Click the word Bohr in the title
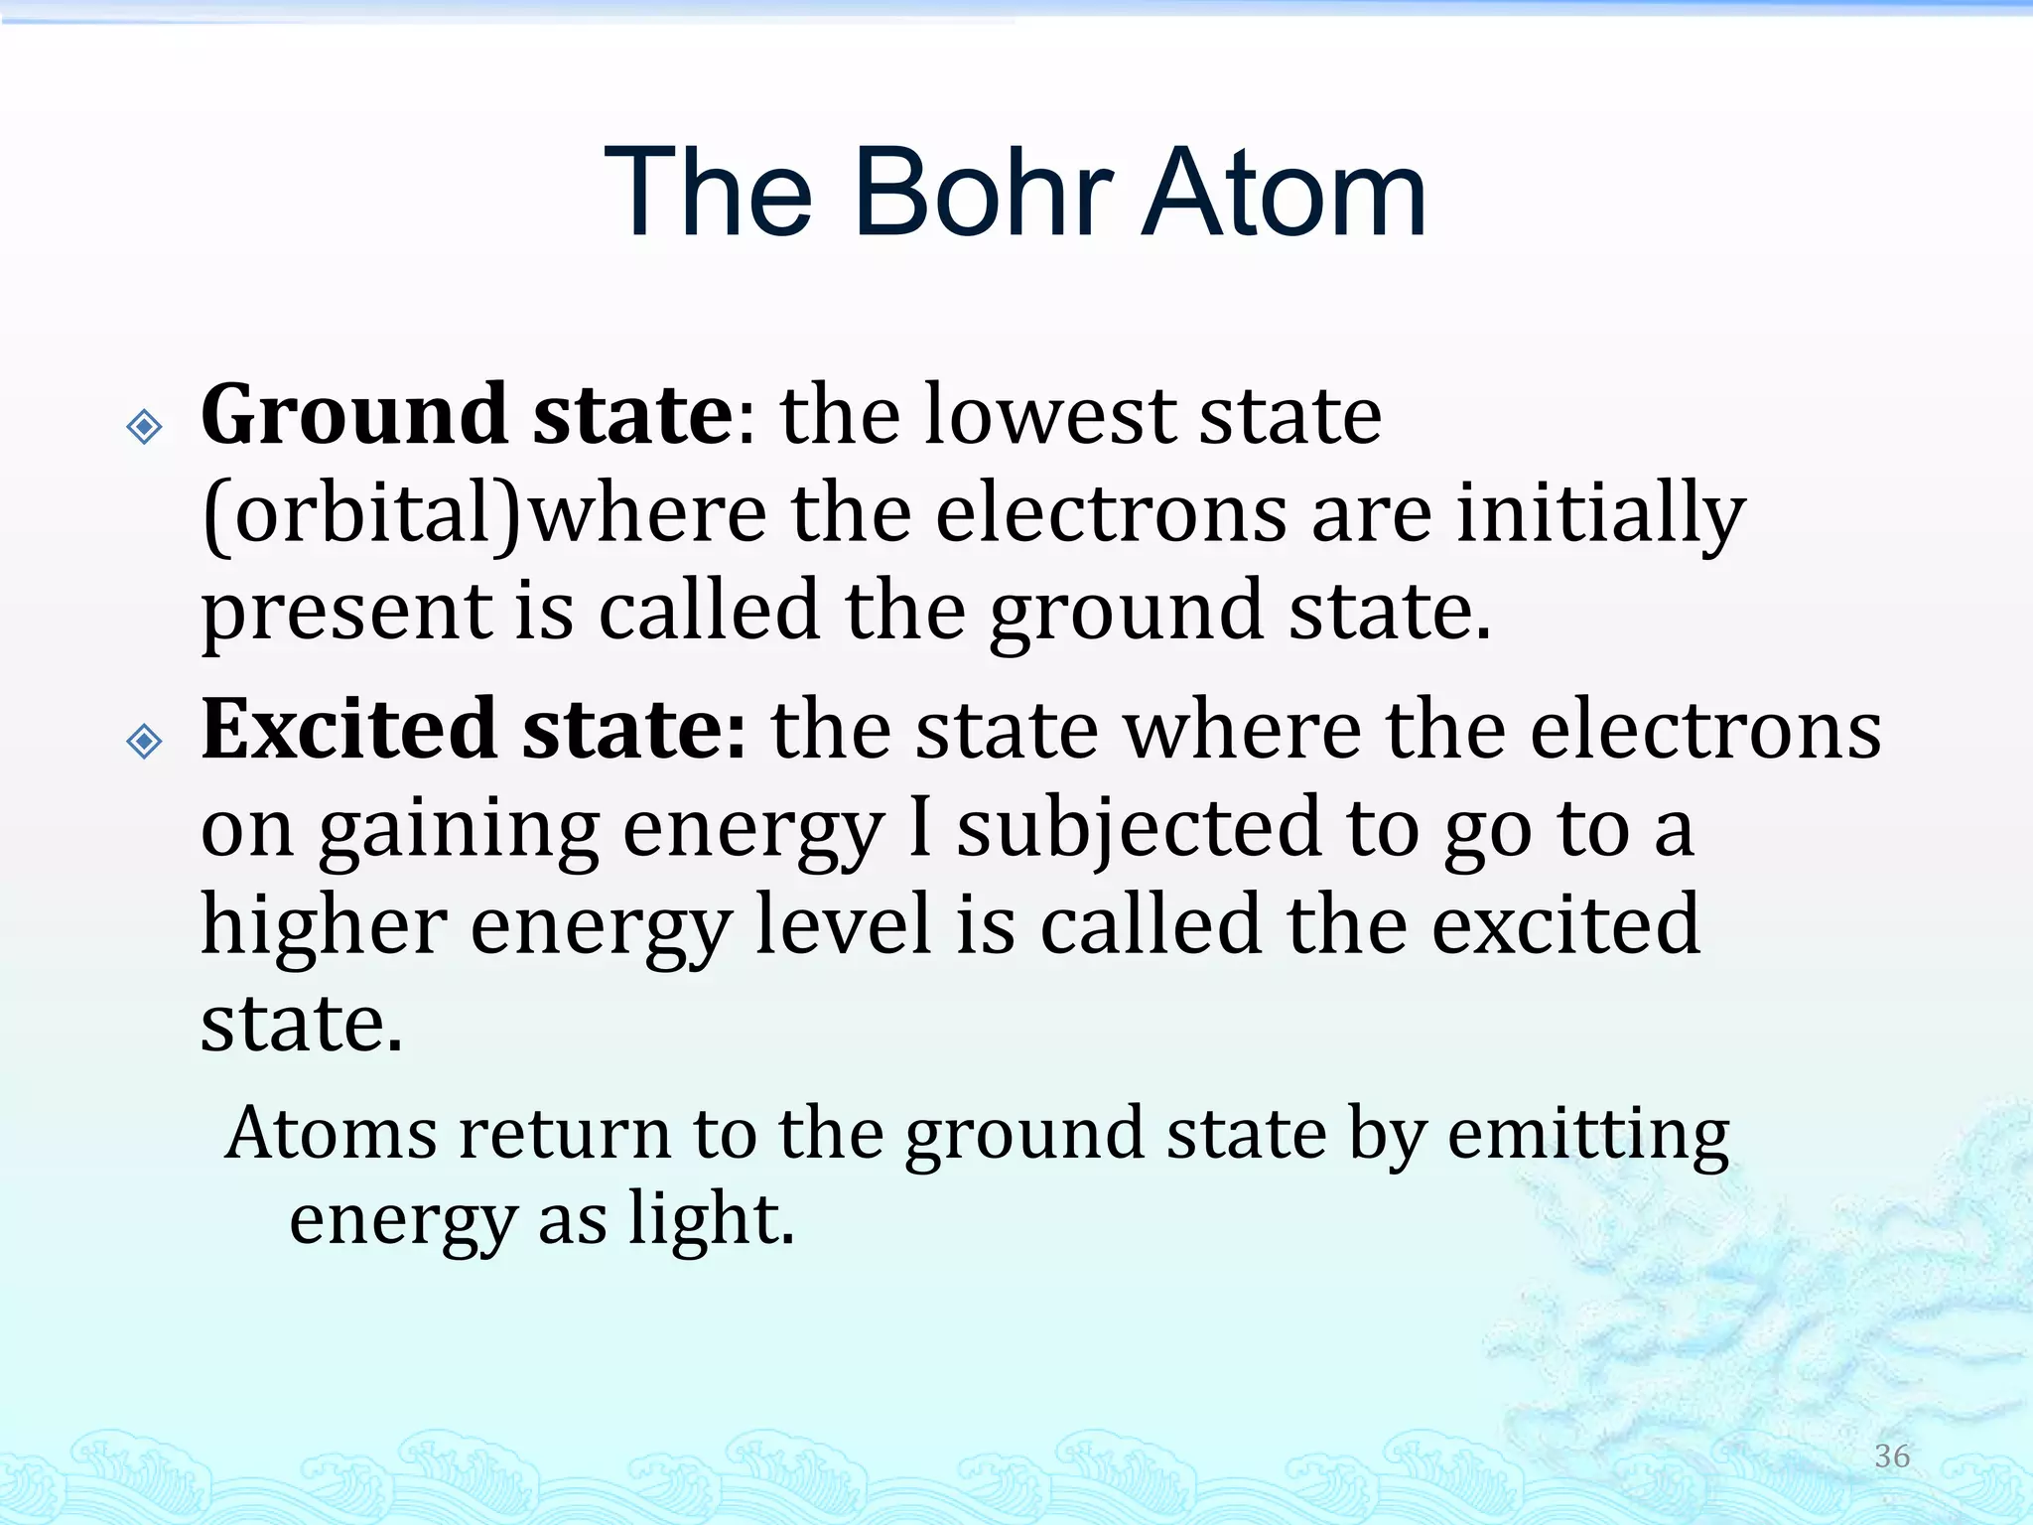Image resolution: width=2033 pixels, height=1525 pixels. tap(983, 194)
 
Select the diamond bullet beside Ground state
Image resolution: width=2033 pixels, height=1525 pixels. tap(145, 427)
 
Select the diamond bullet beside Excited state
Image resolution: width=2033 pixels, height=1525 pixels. tap(145, 741)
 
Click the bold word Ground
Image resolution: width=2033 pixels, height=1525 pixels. tap(354, 415)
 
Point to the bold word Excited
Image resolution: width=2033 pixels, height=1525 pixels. tap(348, 729)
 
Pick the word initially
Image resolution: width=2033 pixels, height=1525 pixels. tap(1600, 514)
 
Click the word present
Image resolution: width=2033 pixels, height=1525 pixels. tap(346, 614)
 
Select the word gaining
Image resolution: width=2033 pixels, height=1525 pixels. tap(459, 832)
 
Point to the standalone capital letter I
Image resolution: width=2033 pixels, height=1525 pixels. tap(919, 828)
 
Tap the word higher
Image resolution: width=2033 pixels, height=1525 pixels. tap(324, 925)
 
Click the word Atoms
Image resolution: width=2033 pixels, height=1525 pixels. tap(331, 1134)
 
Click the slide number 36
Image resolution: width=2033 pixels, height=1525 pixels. tap(1892, 1456)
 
